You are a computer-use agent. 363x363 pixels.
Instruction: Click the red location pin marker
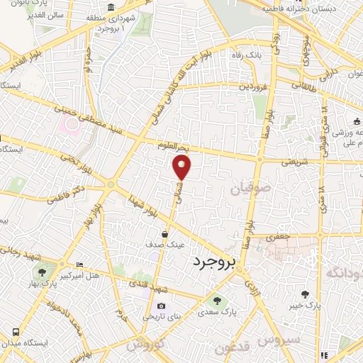pos(182,168)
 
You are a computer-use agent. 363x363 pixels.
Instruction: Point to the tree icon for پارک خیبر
pos(306,294)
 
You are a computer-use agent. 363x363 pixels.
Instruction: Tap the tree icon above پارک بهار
pos(44,272)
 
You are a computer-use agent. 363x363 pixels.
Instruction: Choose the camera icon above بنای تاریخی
pos(162,306)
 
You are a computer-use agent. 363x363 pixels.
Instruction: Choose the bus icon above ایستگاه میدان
pos(16,331)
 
